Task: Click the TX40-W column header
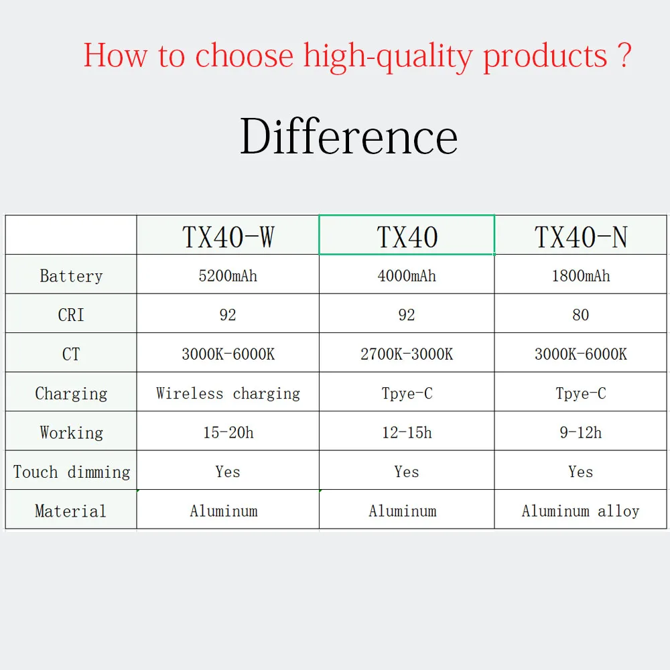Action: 228,237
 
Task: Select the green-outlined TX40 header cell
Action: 407,235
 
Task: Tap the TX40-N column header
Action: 581,237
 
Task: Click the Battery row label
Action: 71,276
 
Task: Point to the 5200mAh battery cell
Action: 228,275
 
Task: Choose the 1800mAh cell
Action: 581,275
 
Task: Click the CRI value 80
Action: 581,315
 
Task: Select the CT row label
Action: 71,354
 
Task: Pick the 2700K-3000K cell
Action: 407,354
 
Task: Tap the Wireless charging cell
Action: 228,393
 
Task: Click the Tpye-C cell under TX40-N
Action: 581,393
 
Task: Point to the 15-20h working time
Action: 228,432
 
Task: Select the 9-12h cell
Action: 581,432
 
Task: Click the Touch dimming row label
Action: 72,472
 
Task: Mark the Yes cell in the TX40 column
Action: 407,472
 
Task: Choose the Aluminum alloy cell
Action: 581,511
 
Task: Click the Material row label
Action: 71,511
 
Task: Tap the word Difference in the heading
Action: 348,136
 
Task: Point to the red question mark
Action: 624,55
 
